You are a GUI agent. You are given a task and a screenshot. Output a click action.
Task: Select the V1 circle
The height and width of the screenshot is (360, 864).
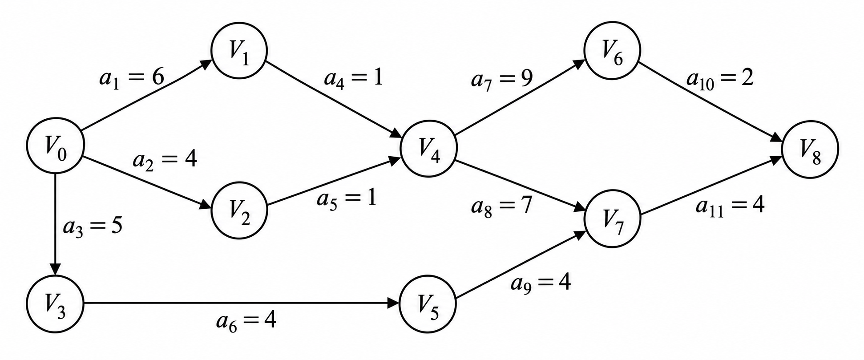point(239,51)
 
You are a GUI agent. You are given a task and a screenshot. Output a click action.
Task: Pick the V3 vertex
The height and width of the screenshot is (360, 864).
point(55,303)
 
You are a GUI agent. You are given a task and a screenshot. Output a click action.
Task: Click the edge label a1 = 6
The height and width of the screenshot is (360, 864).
point(131,79)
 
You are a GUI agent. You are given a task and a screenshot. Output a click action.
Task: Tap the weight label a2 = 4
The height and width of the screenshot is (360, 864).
point(165,161)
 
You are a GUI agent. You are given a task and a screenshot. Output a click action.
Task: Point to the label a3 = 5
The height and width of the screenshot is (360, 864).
point(93,227)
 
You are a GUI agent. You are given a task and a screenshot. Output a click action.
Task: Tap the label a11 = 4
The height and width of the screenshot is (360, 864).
point(730,206)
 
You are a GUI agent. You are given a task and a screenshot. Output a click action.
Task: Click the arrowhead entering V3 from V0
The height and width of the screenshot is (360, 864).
point(55,269)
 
